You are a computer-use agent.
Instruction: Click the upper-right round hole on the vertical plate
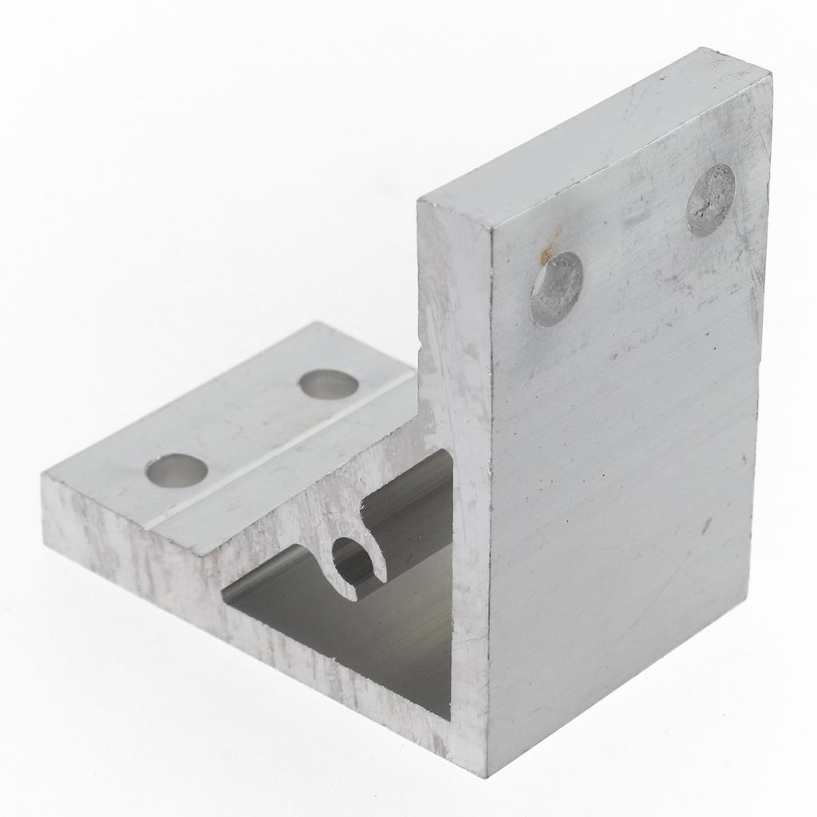pos(710,199)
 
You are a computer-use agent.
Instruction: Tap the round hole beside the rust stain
pos(556,289)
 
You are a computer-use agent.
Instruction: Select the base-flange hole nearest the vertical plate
pos(329,385)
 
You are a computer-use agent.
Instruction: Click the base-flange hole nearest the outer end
pos(177,470)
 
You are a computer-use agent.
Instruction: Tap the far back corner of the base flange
pos(319,326)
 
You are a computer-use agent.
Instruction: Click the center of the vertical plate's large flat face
pos(622,447)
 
